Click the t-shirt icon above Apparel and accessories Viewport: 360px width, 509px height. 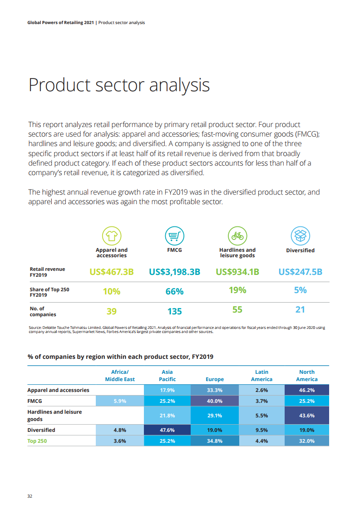click(111, 235)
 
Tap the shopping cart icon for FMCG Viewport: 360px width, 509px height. click(174, 235)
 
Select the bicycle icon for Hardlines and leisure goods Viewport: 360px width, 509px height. click(237, 235)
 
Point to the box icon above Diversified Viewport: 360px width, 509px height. click(300, 235)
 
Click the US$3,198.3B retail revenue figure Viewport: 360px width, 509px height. click(175, 272)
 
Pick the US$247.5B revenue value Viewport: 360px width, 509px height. click(300, 272)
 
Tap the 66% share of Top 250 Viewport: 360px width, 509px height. click(175, 291)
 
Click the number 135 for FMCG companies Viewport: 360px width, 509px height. click(175, 311)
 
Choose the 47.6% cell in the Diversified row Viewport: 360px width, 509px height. click(167, 430)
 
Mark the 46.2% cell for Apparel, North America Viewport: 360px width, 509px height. click(307, 390)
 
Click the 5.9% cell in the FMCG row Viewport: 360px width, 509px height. click(120, 401)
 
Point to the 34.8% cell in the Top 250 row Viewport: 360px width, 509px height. click(214, 441)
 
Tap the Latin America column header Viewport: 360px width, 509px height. click(261, 376)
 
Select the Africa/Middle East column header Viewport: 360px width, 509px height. click(120, 376)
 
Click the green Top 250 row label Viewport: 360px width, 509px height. click(37, 441)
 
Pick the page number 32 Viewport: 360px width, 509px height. click(30, 496)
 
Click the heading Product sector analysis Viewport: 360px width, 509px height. click(119, 85)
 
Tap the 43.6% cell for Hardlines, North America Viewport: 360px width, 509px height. click(307, 416)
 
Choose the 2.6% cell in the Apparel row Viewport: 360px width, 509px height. click(261, 390)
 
